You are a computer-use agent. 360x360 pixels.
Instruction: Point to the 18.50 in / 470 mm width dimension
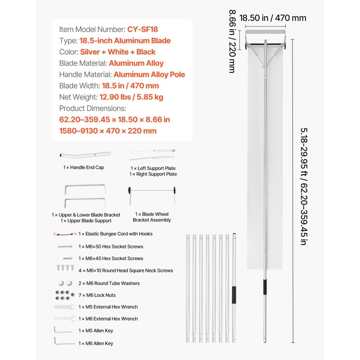273,18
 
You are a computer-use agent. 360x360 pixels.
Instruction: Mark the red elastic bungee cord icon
65,234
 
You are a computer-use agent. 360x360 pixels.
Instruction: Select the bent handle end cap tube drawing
85,154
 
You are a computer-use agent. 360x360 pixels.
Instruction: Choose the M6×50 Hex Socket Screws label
111,247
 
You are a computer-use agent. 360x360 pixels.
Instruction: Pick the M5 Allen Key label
96,331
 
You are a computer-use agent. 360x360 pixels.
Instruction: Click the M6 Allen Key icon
64,342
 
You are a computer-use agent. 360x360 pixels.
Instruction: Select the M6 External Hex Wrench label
108,319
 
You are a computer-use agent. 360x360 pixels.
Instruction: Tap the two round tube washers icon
64,283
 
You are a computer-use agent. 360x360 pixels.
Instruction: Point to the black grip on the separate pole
234,296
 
